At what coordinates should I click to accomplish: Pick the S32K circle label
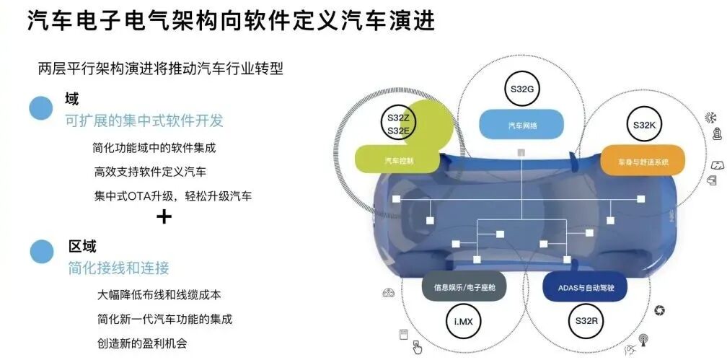[x=643, y=125]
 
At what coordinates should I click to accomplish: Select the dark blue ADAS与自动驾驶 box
[x=585, y=286]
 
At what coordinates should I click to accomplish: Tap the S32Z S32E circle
[x=398, y=125]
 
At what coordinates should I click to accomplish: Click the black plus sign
[x=164, y=216]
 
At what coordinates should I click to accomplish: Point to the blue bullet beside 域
[x=41, y=108]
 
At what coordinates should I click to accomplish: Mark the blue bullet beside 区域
[x=42, y=252]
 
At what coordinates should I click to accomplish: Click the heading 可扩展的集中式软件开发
[x=144, y=120]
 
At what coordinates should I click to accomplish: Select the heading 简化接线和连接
[x=118, y=268]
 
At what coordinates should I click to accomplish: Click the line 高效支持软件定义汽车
[x=150, y=172]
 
